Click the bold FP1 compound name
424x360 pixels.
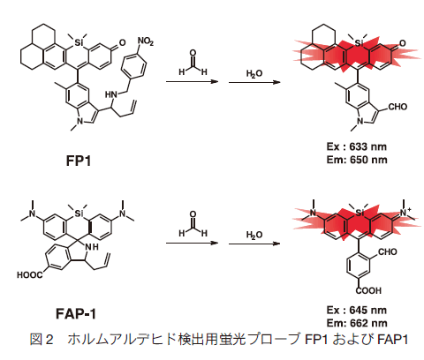[79, 161]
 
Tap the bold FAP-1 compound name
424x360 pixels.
[76, 313]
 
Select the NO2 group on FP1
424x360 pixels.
[146, 41]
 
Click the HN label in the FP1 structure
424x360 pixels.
[111, 94]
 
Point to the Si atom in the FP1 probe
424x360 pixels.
[78, 43]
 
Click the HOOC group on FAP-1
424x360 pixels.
[29, 275]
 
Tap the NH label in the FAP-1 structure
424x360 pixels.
[91, 247]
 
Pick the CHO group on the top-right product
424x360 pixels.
[397, 107]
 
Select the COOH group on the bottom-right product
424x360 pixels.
[368, 290]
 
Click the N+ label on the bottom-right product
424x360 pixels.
[405, 212]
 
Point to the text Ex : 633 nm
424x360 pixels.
[357, 146]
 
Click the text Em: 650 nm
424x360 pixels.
[357, 160]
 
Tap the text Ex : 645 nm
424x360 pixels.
[357, 310]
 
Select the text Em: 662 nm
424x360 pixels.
[357, 323]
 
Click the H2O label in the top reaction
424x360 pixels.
[254, 73]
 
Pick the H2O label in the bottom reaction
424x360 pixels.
[254, 235]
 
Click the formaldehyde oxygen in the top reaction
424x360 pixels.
[193, 53]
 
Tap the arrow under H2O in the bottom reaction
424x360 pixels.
[254, 244]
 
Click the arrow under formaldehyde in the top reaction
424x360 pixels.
[192, 81]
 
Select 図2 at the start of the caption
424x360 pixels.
[42, 339]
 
